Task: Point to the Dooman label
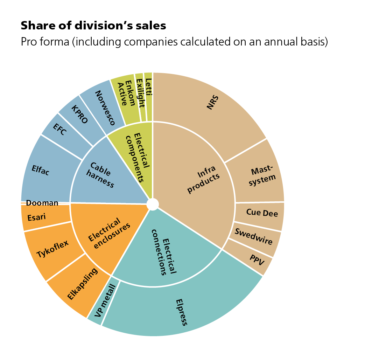(42, 203)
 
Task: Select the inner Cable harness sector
(101, 175)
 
